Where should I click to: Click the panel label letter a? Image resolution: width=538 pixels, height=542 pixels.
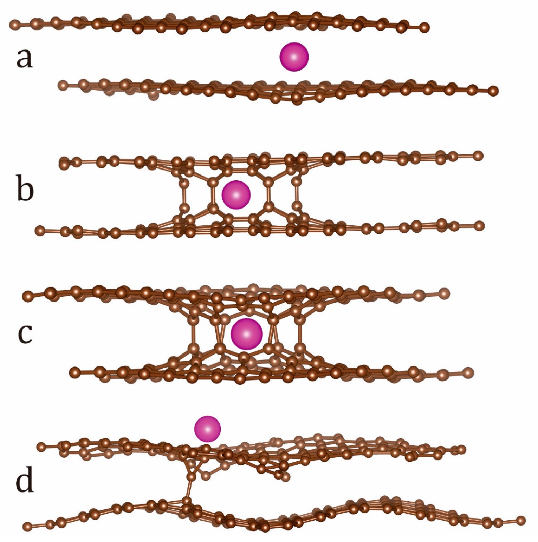(x=24, y=58)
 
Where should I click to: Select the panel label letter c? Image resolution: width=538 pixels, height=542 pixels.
(x=25, y=333)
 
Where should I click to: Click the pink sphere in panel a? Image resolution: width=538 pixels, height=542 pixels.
(x=294, y=57)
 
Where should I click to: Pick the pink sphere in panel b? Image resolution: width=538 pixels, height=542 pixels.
(x=236, y=195)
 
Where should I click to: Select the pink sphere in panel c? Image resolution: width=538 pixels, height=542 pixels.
(x=246, y=334)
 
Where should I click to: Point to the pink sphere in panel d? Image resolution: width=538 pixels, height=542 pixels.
(x=208, y=429)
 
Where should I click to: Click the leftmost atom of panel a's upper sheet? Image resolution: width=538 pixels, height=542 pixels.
(x=14, y=24)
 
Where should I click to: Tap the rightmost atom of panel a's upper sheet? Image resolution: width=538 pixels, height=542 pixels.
(x=424, y=27)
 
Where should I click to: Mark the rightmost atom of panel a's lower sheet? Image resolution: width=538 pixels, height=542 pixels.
(x=493, y=91)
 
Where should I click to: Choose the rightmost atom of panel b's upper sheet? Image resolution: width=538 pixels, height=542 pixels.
(x=478, y=155)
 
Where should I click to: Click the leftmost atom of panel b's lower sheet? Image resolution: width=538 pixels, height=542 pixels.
(x=40, y=230)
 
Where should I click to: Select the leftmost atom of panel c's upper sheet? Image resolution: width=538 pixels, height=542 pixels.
(x=27, y=296)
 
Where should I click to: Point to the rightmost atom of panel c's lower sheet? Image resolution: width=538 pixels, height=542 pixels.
(x=468, y=372)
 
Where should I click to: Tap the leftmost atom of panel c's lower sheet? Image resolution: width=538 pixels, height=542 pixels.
(x=74, y=373)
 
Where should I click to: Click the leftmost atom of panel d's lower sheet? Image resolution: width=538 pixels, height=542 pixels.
(x=27, y=526)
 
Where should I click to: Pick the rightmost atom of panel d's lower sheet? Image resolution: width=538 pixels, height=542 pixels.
(x=521, y=520)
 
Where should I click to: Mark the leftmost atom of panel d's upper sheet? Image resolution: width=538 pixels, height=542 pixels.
(x=41, y=447)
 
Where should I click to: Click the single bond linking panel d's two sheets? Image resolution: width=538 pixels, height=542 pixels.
(x=189, y=489)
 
